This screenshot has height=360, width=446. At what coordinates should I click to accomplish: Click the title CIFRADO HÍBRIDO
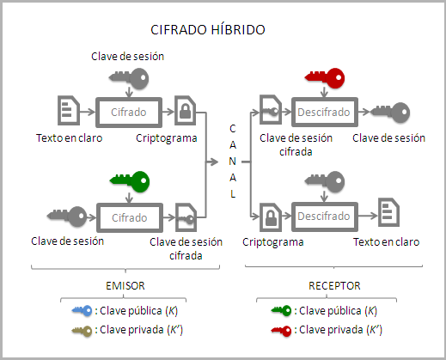[207, 29]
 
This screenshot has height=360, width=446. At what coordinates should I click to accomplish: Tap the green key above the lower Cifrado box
[129, 181]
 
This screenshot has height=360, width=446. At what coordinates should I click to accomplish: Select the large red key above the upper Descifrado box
[325, 78]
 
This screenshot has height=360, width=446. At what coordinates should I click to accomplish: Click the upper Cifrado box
[127, 112]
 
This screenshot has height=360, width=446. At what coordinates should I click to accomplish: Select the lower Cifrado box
[127, 217]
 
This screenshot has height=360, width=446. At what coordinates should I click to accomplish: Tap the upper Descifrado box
[323, 112]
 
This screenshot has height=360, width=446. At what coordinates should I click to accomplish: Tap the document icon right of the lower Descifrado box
[388, 211]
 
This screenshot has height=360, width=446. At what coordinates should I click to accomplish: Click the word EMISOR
[125, 284]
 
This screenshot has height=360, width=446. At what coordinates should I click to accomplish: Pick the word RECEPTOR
[334, 284]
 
